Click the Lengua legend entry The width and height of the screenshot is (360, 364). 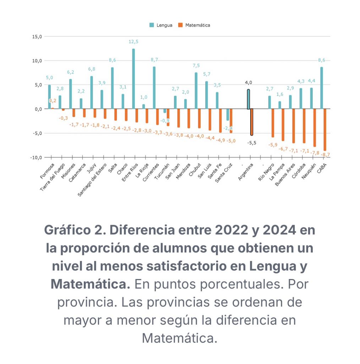tap(161, 25)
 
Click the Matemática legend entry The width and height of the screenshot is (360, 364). tap(194, 25)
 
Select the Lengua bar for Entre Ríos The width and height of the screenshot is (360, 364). tap(133, 79)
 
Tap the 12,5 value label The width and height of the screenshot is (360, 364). tap(133, 42)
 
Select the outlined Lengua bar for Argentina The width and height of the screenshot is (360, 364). tap(249, 99)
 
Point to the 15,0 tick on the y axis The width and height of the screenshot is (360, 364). tap(37, 36)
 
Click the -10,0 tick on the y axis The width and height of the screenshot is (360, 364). tap(36, 157)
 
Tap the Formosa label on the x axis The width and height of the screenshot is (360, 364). tap(47, 171)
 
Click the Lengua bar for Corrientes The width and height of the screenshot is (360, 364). tap(154, 88)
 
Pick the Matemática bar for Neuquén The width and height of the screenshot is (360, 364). tap(315, 128)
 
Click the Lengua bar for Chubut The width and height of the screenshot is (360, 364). tap(196, 91)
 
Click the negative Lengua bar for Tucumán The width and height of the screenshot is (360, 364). tap(165, 111)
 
